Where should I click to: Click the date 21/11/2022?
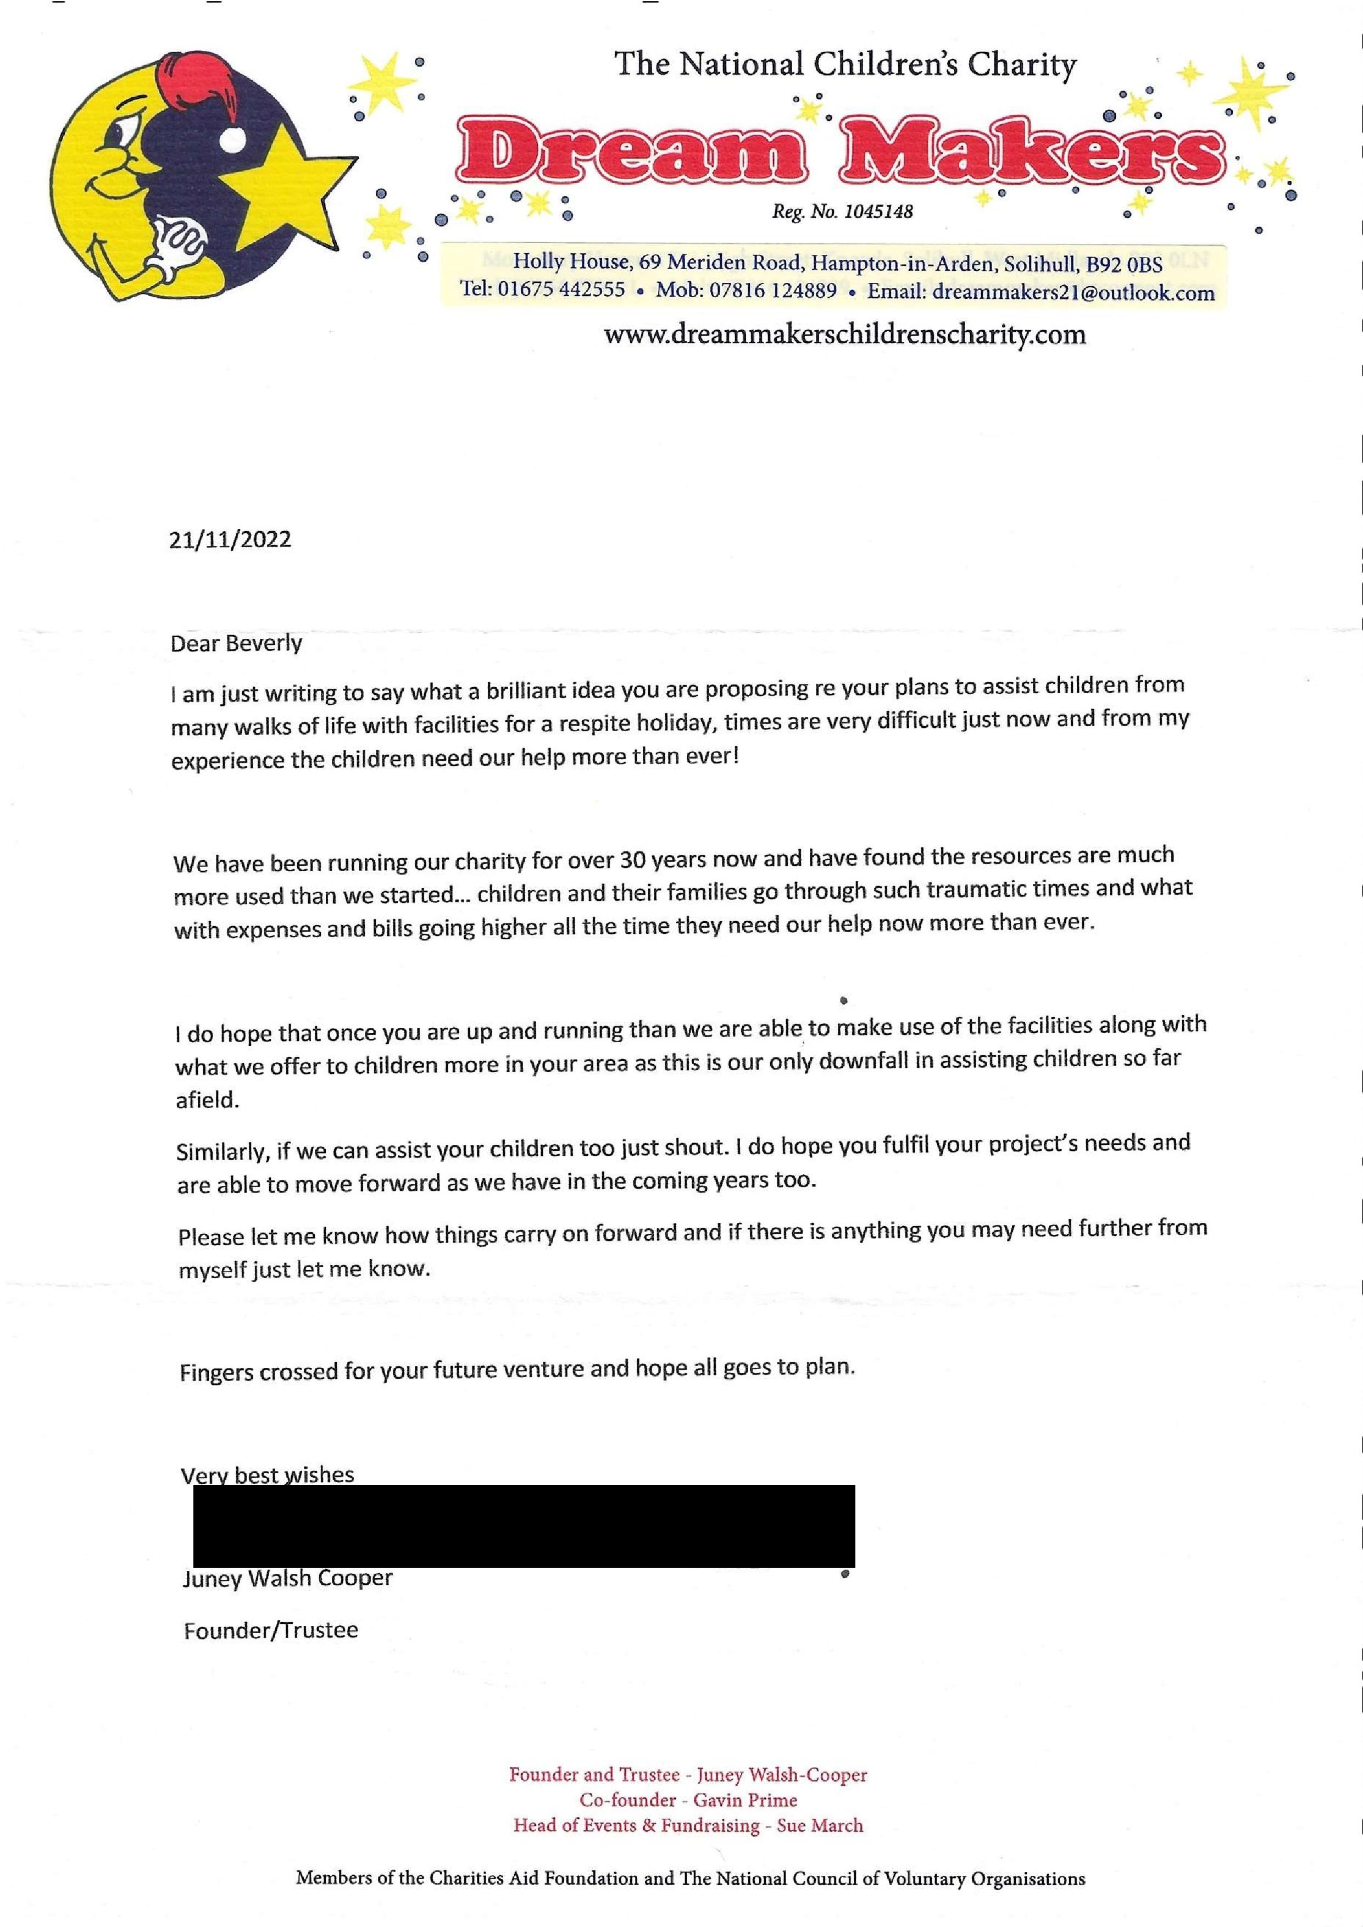(x=230, y=539)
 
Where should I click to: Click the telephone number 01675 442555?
(x=561, y=291)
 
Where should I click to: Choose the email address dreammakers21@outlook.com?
(x=1072, y=293)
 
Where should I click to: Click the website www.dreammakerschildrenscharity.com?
(x=844, y=335)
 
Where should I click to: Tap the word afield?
(x=207, y=1100)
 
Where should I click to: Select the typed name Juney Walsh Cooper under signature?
(x=287, y=1579)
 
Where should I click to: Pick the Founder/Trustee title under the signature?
(x=270, y=1630)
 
